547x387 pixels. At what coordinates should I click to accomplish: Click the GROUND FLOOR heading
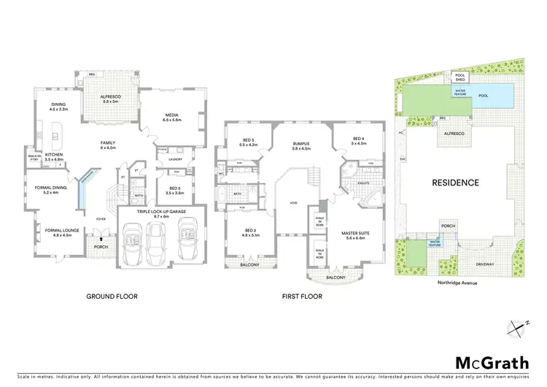coord(112,296)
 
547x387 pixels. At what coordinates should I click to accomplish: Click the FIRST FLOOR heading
coord(302,296)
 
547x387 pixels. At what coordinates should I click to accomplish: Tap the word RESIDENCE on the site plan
coord(455,183)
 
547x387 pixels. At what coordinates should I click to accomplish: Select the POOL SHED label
coord(460,77)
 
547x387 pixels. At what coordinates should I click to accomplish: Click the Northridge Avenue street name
coord(457,280)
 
